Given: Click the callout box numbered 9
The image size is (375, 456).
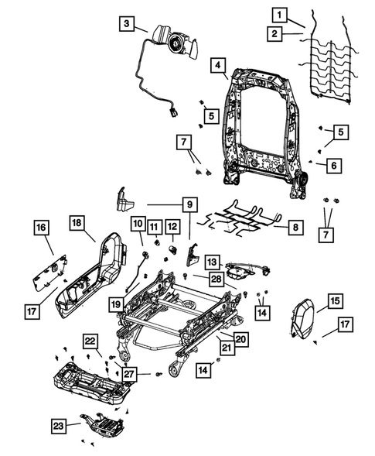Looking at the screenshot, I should pyautogui.click(x=188, y=207).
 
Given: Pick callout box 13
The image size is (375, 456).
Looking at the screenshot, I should pyautogui.click(x=211, y=262).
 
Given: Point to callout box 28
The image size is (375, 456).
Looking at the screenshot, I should pyautogui.click(x=216, y=277).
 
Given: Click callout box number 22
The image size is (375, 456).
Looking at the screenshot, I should pyautogui.click(x=90, y=342).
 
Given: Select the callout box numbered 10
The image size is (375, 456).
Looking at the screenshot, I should pyautogui.click(x=137, y=225).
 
